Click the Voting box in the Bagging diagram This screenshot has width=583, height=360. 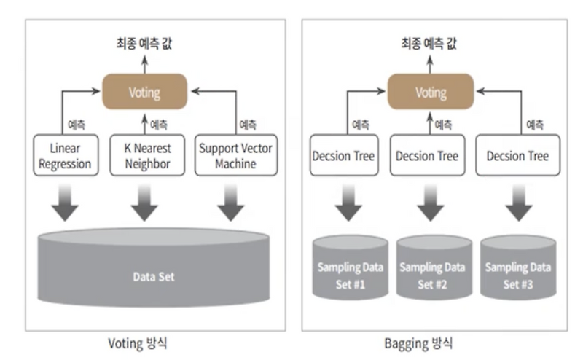point(430,92)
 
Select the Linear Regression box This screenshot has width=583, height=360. point(66,155)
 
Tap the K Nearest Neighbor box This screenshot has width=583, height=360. point(144,155)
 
